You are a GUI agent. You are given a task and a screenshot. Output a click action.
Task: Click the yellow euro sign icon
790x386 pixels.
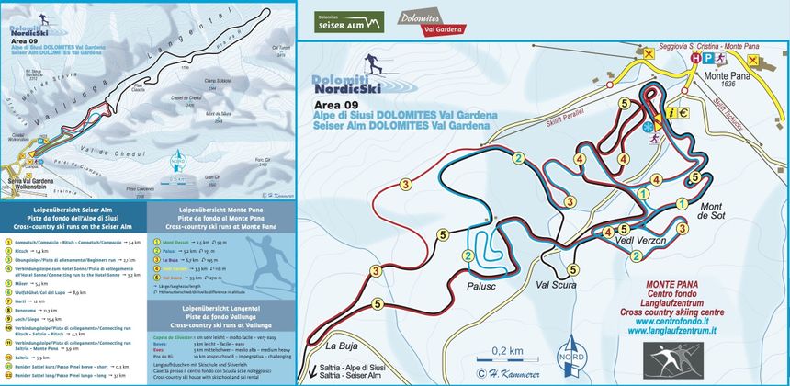point(684,113)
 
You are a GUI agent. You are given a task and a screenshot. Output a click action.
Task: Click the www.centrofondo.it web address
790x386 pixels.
point(727,322)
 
